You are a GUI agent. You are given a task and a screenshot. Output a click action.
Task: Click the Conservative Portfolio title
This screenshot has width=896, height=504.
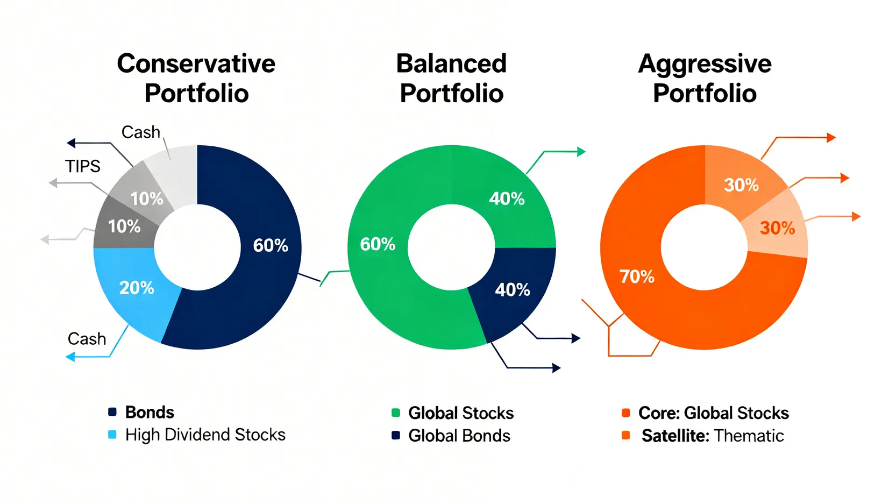click(x=196, y=79)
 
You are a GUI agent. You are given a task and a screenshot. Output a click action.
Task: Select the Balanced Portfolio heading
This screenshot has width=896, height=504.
click(x=452, y=79)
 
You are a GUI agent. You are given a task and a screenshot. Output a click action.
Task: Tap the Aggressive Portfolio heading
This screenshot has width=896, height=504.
click(x=705, y=79)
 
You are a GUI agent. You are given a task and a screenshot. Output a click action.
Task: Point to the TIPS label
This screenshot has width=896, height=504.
click(x=83, y=166)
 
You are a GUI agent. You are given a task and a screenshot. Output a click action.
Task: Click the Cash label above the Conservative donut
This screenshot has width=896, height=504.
click(x=141, y=132)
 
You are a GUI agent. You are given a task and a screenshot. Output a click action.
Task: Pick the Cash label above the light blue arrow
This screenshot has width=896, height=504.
click(x=87, y=339)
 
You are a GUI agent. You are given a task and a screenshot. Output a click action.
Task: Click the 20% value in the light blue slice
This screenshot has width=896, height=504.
click(x=137, y=288)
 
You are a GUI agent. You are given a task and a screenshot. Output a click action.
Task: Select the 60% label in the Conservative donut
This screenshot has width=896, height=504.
click(x=271, y=246)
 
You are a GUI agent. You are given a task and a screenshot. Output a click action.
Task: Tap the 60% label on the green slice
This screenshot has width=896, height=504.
click(x=378, y=244)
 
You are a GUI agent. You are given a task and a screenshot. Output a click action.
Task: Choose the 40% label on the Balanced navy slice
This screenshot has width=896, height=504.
click(x=513, y=290)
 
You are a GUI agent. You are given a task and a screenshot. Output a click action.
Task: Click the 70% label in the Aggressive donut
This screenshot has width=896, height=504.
click(x=637, y=276)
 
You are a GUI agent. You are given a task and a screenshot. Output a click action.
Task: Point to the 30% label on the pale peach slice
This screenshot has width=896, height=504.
click(x=777, y=228)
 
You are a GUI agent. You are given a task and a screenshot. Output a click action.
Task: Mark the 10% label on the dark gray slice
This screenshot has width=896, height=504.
click(x=124, y=227)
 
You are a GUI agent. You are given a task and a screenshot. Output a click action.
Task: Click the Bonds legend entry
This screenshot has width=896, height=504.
click(x=141, y=413)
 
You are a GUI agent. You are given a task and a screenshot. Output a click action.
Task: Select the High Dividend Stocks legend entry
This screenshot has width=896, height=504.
click(x=197, y=435)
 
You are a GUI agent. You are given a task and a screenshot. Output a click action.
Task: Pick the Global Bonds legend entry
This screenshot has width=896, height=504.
click(x=451, y=436)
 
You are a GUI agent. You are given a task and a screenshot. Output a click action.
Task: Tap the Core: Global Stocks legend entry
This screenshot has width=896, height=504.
click(x=705, y=413)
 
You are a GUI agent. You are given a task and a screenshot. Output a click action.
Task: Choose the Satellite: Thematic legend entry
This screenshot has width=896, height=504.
click(x=703, y=436)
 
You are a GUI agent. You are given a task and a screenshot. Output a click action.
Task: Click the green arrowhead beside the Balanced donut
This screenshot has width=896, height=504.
click(x=581, y=152)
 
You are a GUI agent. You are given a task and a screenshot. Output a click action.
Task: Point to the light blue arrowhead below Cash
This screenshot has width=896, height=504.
click(x=70, y=357)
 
